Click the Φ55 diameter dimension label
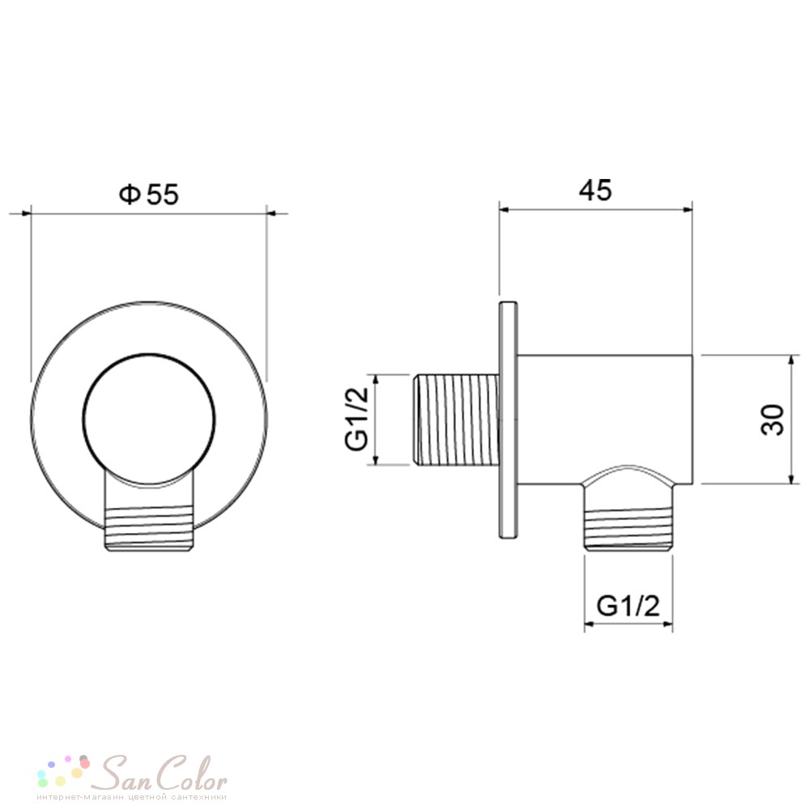pos(149,194)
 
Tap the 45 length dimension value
pos(595,190)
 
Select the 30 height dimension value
pos(774,420)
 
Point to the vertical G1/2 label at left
pos(356,419)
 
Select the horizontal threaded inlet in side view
pos(456,419)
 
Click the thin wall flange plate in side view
pos(509,420)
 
